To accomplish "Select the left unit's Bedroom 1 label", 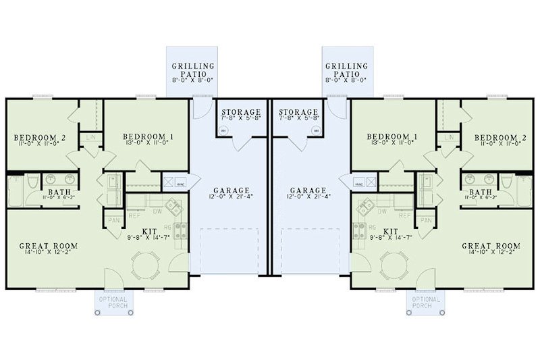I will pos(148,137).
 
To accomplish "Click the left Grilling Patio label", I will pos(192,66).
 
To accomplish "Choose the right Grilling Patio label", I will pos(347,66).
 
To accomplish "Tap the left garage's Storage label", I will pos(240,112).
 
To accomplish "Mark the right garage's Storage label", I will pos(298,112).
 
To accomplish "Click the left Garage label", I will pos(231,190).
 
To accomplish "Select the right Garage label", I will pos(308,190).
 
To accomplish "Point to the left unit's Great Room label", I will pos(48,245).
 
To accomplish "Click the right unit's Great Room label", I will pos(491,245).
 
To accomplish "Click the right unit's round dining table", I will pos(394,265).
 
